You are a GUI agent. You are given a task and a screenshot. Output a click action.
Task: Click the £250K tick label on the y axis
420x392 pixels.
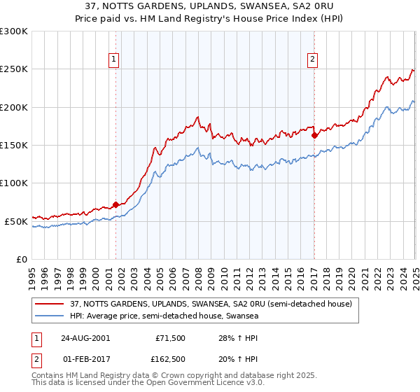[x=14, y=69]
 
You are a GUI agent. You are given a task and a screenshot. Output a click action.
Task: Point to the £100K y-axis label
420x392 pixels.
[x=14, y=183]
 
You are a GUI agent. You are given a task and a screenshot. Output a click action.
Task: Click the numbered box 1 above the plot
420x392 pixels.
[x=113, y=60]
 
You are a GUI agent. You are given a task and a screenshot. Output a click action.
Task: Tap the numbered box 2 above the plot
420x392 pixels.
[x=312, y=60]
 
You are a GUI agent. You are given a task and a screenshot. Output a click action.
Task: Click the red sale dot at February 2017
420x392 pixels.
[x=314, y=135]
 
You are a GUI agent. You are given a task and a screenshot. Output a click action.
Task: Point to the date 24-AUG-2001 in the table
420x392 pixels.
[x=85, y=337]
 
